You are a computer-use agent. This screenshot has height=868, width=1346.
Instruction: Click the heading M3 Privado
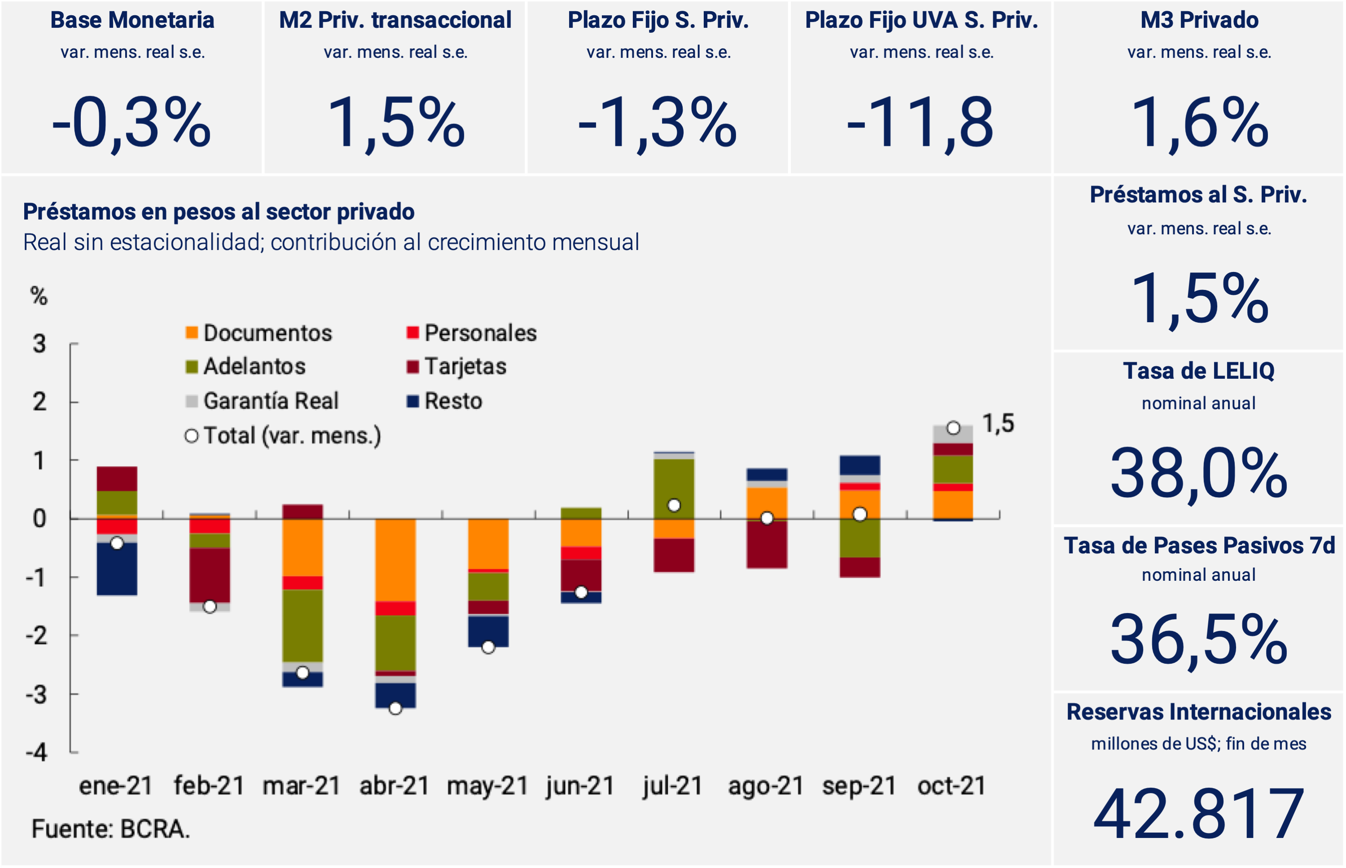pos(1199,20)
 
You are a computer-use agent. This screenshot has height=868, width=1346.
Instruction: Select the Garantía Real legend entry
pos(262,401)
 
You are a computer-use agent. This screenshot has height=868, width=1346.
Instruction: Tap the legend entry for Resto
pos(445,401)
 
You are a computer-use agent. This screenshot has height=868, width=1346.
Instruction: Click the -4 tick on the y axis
pos(37,753)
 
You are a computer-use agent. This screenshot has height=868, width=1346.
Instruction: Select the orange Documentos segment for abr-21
pos(396,560)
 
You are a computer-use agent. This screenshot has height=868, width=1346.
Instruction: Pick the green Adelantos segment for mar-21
pos(303,626)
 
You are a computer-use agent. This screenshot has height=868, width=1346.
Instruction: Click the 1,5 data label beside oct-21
pos(998,424)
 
